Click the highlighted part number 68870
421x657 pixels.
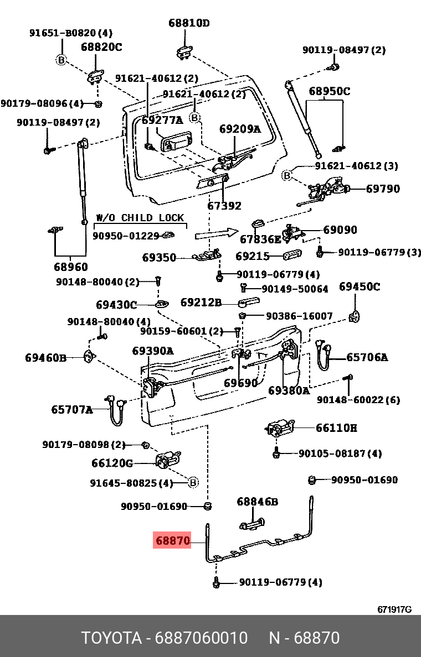pos(172,540)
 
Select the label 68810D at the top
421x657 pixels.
pos(189,23)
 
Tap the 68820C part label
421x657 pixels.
pos(101,47)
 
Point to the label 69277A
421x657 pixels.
pos(162,120)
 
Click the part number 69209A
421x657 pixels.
pos(239,129)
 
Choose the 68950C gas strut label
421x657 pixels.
pos(329,91)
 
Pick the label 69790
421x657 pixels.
pos(382,189)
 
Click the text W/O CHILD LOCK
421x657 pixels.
pos(140,217)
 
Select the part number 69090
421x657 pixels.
pos(340,230)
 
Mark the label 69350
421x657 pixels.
pos(159,257)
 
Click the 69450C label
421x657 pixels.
pos(360,286)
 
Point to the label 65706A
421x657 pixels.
pos(367,357)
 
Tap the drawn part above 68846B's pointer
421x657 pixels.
pos(251,522)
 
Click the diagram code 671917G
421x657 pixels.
pos(394,609)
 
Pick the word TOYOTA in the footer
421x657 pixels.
pos(111,638)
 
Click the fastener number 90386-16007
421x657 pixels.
pos(299,316)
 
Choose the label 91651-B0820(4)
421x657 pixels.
pos(70,33)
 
